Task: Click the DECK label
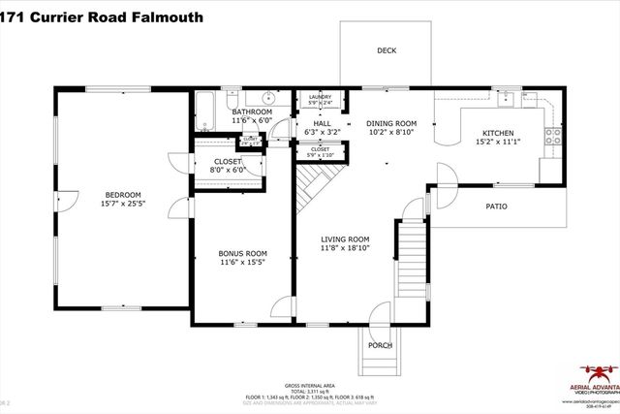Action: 387,50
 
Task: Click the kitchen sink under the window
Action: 505,96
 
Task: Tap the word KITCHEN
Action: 498,133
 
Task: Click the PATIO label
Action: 496,207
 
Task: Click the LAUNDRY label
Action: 320,97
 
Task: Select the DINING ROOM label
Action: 390,123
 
